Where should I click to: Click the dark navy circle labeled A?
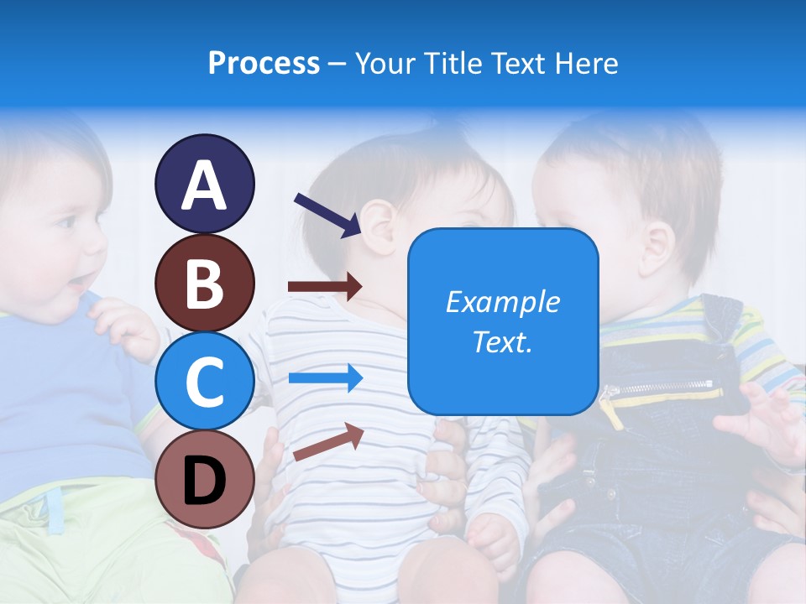pos(204,184)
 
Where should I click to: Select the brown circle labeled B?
pos(204,283)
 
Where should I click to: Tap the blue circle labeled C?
pos(204,381)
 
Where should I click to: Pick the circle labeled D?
pos(204,479)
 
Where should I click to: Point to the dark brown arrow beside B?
pos(325,287)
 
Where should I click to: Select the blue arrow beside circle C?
pos(325,378)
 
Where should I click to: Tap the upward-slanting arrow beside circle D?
pos(328,442)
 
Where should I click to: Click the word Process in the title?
pos(264,63)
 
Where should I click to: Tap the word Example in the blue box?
pos(502,302)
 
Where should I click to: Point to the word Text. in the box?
pos(502,341)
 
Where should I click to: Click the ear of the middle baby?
pos(379,229)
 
